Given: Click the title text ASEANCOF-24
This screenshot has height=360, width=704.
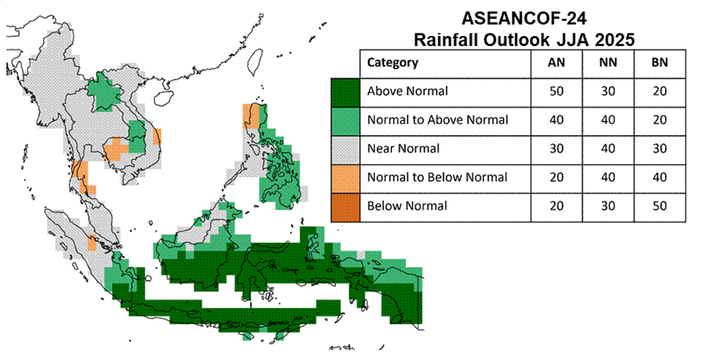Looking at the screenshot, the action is (x=524, y=19).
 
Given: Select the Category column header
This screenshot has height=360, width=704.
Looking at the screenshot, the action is (x=393, y=62).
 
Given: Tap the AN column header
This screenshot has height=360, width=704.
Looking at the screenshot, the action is (x=556, y=62).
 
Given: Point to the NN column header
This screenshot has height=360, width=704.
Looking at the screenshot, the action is (x=608, y=62).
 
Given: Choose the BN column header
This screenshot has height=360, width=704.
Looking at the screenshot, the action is (x=660, y=62).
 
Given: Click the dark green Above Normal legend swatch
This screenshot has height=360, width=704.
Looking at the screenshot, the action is (x=345, y=93).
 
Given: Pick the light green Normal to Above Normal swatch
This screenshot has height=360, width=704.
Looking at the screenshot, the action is (x=345, y=121).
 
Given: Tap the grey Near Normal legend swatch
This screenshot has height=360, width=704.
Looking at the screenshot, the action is (x=345, y=150).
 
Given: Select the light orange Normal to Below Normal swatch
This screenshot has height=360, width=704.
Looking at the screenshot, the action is (x=345, y=179).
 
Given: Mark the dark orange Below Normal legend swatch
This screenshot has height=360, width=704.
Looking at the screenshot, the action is (x=345, y=208).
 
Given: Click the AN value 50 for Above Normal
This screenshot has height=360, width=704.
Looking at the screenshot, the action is (x=556, y=91).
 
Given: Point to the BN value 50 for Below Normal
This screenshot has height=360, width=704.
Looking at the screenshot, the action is (x=660, y=206).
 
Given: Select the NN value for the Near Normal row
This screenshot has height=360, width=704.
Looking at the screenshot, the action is (x=608, y=149).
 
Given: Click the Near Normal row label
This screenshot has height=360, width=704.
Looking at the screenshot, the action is (x=404, y=149).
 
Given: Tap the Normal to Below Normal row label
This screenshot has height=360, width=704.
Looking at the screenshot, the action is (x=437, y=177).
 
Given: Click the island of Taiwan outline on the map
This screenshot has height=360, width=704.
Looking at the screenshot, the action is (x=254, y=61).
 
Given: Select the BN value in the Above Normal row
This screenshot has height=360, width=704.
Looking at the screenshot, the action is (x=660, y=91).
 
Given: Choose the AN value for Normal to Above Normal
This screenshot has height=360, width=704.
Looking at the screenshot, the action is (x=556, y=120).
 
